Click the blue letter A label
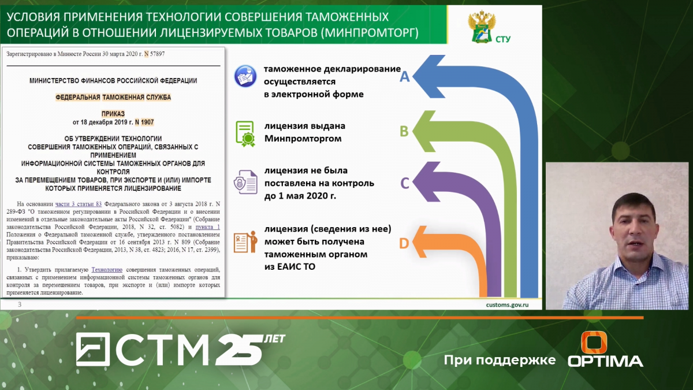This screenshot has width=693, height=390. pos(405,76)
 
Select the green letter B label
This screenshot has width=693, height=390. pos(404,131)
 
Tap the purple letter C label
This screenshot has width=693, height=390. pos(405,183)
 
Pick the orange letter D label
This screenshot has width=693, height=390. pos(404,243)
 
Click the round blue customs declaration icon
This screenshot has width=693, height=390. pos(245,76)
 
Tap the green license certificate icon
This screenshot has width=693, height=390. pos(245,133)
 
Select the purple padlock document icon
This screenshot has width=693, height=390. pos(245,182)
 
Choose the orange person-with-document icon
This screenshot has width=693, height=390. pos(245,242)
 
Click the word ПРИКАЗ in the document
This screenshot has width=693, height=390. pos(113,114)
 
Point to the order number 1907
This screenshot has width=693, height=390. pos(147,122)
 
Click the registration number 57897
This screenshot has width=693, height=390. pos(157,54)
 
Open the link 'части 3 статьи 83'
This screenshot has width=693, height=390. pos(79,204)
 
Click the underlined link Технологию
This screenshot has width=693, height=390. pos(107,270)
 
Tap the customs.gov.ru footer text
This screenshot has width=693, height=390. pos(507,305)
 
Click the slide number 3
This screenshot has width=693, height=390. pos(20,304)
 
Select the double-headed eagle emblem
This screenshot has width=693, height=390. pos(482,27)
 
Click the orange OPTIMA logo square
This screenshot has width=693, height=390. pos(594,342)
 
